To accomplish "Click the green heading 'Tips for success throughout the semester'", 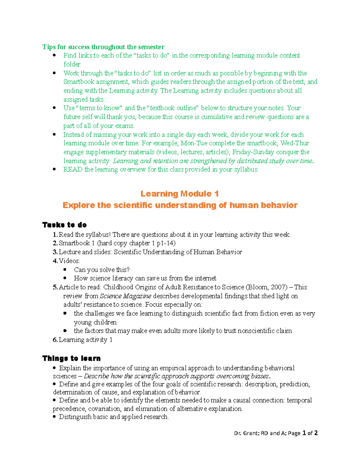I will pos(103,47).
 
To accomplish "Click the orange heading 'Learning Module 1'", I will pos(179,194).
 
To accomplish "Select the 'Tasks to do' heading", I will pos(64,225).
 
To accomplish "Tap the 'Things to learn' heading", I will pos(71,358).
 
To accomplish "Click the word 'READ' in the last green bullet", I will pos(73,170).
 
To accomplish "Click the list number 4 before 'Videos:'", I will pos(55,261).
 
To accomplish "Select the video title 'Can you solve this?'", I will pos(102,270).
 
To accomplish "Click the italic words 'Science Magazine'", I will pos(125,296).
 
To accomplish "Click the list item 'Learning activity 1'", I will pos(85,340).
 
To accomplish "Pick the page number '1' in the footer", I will pos(304,433).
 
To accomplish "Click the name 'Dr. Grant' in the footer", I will pos(246,433).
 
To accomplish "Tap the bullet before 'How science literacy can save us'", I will pos(65,278).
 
